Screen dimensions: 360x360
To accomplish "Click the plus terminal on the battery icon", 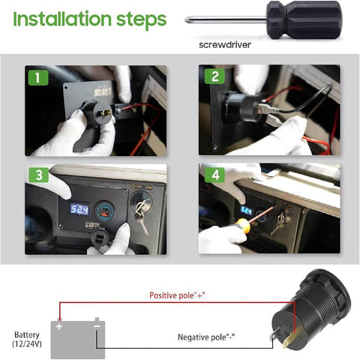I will (x=58, y=325).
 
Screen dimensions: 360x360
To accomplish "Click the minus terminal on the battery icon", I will (x=97, y=325).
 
